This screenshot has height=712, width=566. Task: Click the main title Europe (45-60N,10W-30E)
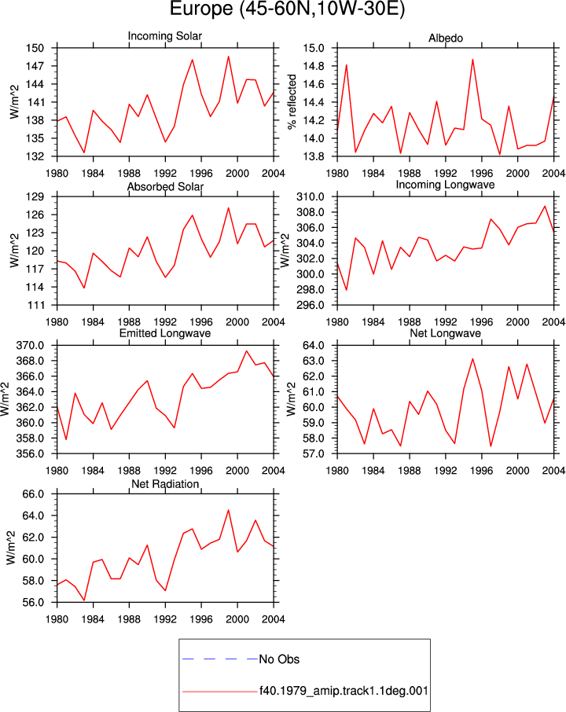click(287, 9)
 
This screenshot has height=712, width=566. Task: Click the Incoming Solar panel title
click(165, 36)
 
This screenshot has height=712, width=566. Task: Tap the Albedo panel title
click(446, 39)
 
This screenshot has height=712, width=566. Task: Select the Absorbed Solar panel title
click(165, 186)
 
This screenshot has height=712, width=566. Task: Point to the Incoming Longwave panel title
click(445, 185)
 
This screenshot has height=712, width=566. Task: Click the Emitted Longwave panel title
click(165, 333)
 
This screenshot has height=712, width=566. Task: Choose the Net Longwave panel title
click(445, 333)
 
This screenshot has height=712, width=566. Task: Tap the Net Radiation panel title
click(165, 484)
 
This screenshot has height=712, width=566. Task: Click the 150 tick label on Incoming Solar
click(35, 48)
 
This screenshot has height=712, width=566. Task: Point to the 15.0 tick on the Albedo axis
click(314, 48)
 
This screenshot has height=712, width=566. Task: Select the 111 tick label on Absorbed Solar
click(35, 305)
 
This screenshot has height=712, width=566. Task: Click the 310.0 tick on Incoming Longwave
click(311, 197)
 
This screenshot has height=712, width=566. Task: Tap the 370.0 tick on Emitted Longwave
click(30, 346)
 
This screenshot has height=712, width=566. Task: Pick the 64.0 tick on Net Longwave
click(314, 346)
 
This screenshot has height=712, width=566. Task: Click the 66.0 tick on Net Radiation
click(34, 494)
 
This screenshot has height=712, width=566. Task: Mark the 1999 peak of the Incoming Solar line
click(229, 57)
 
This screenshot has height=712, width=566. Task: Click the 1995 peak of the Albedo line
click(472, 60)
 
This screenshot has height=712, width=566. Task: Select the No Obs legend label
click(279, 659)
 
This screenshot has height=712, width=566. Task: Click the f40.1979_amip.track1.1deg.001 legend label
click(344, 691)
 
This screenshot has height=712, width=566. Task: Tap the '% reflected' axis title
click(292, 101)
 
